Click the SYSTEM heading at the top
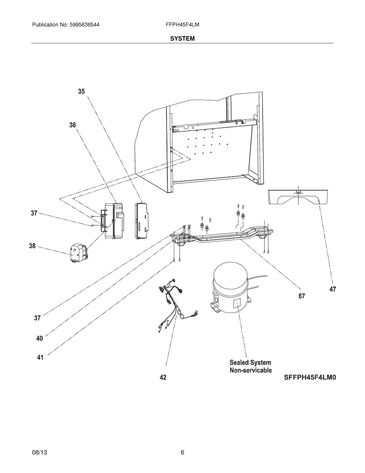tap(182, 39)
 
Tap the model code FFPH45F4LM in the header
tap(182, 24)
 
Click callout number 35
tap(81, 91)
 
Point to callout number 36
tap(72, 125)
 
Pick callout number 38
tap(32, 246)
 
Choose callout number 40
tap(39, 338)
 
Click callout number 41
tap(40, 358)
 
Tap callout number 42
tap(163, 377)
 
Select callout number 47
tap(333, 289)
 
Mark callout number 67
tap(301, 296)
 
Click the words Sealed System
tap(250, 362)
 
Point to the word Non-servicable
tap(250, 371)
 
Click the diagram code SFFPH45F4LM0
tap(310, 377)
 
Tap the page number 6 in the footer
tap(182, 453)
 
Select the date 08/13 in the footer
tap(39, 453)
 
